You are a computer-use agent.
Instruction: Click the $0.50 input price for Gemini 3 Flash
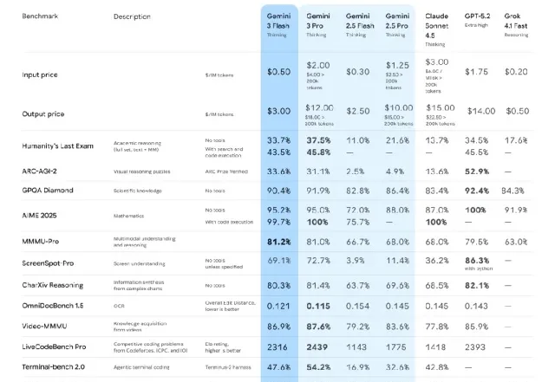click(277, 72)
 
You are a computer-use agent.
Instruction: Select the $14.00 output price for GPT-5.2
click(481, 111)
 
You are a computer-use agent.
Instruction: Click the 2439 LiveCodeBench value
click(318, 346)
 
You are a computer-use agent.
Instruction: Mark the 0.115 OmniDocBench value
click(318, 306)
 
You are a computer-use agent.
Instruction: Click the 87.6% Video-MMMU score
click(318, 327)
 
